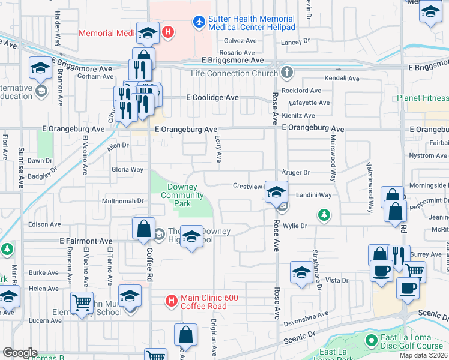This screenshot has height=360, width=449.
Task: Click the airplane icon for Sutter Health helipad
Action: tap(199, 23)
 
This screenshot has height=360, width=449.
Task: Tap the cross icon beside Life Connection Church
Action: tap(287, 73)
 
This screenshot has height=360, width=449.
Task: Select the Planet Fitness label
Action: tap(422, 98)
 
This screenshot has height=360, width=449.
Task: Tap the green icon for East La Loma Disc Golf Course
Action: tap(371, 341)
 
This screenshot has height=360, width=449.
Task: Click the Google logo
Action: tap(19, 353)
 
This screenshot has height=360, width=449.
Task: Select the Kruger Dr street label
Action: tap(295, 172)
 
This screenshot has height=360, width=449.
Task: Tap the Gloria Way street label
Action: tap(127, 170)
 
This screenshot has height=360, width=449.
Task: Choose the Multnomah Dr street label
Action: tap(124, 201)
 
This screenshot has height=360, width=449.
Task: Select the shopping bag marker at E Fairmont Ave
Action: tap(144, 229)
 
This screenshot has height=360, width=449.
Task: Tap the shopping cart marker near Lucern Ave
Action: tap(82, 303)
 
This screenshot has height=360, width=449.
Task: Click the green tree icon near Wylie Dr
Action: tap(324, 214)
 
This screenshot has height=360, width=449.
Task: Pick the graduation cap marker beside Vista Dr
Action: tap(301, 273)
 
